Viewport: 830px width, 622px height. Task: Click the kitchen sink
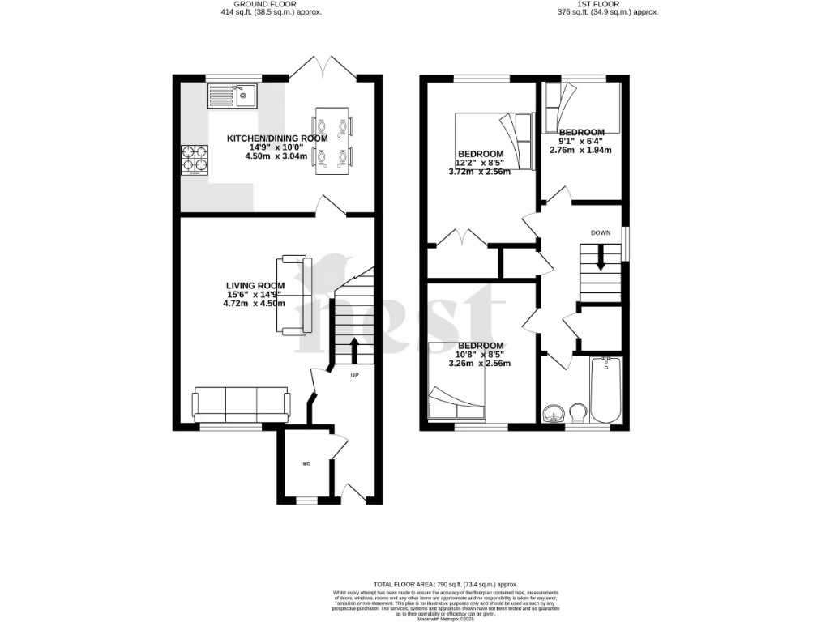click(x=232, y=96)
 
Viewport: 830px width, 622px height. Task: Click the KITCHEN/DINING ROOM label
click(x=277, y=138)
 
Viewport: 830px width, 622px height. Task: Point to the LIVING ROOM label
click(x=255, y=285)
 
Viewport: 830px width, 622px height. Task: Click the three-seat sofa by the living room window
click(x=241, y=403)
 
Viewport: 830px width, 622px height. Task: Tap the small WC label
click(x=306, y=464)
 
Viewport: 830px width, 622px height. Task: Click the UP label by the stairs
click(x=354, y=376)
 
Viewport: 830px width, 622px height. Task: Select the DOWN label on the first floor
click(x=600, y=233)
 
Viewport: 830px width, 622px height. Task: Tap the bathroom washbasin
click(x=554, y=413)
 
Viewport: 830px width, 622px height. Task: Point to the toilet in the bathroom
click(x=579, y=413)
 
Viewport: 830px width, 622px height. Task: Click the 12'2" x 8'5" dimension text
click(x=480, y=163)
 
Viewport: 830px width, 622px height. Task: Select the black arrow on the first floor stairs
click(x=601, y=261)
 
